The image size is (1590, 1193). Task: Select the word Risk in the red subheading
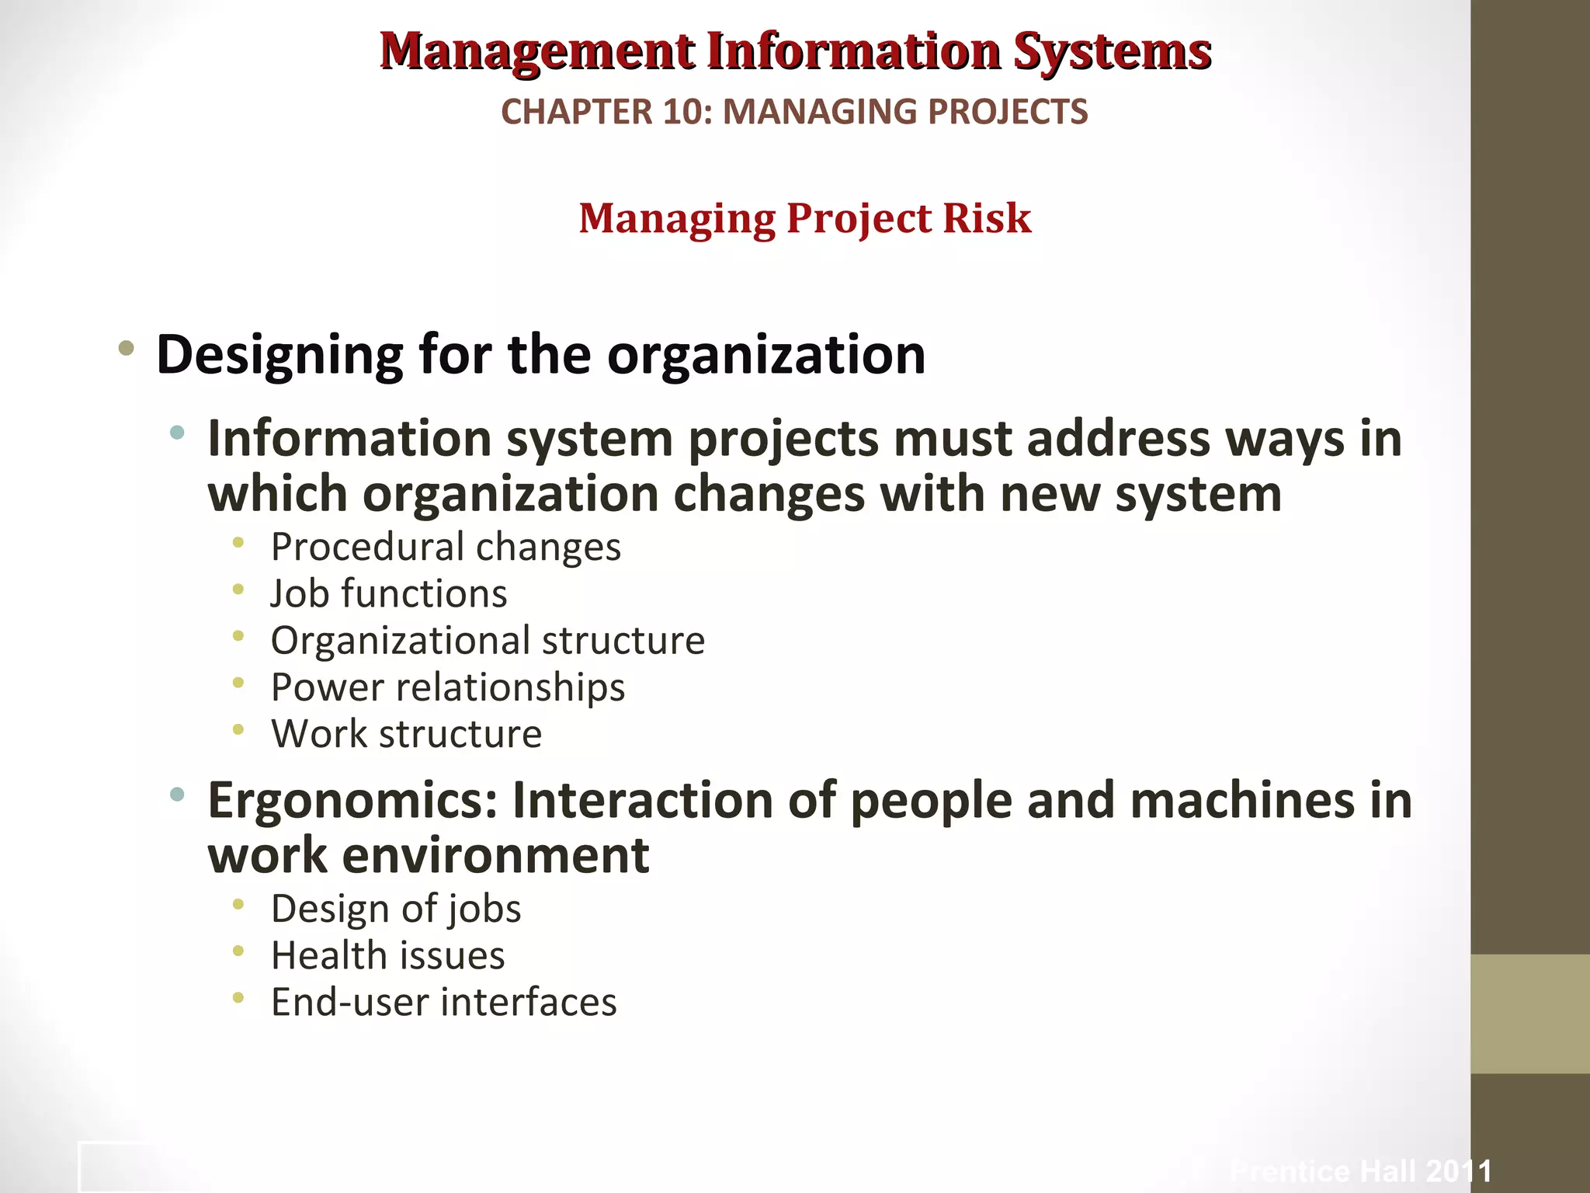987,218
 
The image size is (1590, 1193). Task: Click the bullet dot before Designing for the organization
127,349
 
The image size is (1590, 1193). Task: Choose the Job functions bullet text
388,593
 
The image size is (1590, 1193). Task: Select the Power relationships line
447,687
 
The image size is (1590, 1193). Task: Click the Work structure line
406,734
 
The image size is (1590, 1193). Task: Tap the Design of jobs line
395,909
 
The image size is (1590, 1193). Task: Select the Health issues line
387,955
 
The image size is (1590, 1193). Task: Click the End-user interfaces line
443,1002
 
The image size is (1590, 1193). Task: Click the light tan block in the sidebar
1529,1014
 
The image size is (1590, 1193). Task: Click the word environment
495,856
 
